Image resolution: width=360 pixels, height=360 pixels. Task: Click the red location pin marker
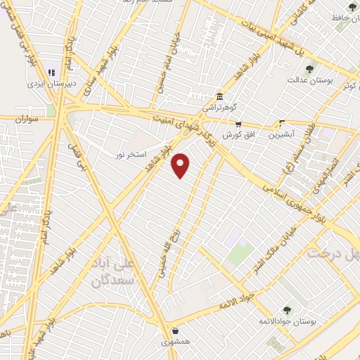[181, 165]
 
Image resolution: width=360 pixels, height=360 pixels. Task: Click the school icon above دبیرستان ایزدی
[51, 72]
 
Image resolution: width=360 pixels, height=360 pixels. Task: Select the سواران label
[25, 120]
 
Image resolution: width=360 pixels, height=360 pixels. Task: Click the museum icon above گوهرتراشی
[220, 96]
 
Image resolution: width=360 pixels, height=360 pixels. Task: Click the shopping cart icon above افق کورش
[238, 123]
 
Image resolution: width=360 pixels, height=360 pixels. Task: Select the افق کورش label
[238, 134]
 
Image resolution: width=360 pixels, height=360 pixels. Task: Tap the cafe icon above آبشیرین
[282, 122]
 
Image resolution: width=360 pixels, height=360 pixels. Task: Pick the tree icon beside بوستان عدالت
[309, 68]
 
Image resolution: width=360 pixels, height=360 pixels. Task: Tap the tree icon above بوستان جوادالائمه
[287, 310]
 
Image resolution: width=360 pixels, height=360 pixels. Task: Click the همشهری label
[174, 340]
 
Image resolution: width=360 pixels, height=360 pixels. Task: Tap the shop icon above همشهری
[174, 330]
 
